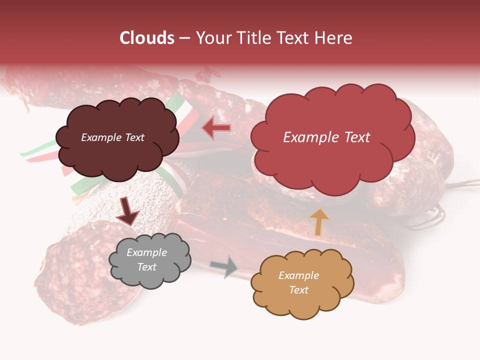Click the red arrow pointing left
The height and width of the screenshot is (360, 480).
click(216, 128)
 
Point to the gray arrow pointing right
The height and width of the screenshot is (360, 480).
click(224, 266)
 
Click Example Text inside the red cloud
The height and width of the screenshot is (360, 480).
click(326, 137)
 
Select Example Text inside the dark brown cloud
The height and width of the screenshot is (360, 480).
click(112, 137)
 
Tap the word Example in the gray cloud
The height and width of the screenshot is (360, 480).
click(146, 252)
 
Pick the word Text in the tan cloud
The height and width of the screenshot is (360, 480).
click(298, 290)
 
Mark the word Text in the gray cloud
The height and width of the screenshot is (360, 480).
click(146, 267)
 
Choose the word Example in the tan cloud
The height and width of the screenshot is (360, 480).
click(298, 275)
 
